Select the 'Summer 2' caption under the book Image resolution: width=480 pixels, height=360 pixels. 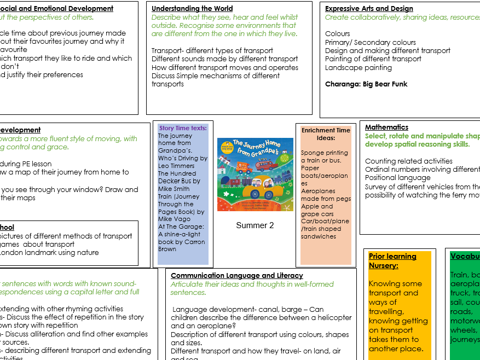255,225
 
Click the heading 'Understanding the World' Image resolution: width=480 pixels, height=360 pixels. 192,9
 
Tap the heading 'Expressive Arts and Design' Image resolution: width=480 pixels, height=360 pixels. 369,9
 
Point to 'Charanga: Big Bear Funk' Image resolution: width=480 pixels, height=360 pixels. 366,84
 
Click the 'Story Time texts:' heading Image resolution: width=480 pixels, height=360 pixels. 183,128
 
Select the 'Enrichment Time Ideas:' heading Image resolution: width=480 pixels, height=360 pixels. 326,134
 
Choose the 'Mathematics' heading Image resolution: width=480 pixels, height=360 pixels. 386,127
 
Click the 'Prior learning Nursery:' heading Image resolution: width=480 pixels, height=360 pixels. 392,261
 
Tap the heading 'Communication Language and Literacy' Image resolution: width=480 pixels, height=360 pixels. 236,276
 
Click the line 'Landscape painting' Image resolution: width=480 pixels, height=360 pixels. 358,68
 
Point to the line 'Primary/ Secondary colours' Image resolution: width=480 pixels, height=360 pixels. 371,42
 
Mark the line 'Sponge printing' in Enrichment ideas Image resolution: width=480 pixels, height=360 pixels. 325,153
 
